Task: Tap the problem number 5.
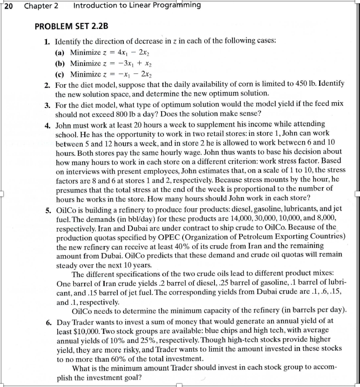(48, 209)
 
